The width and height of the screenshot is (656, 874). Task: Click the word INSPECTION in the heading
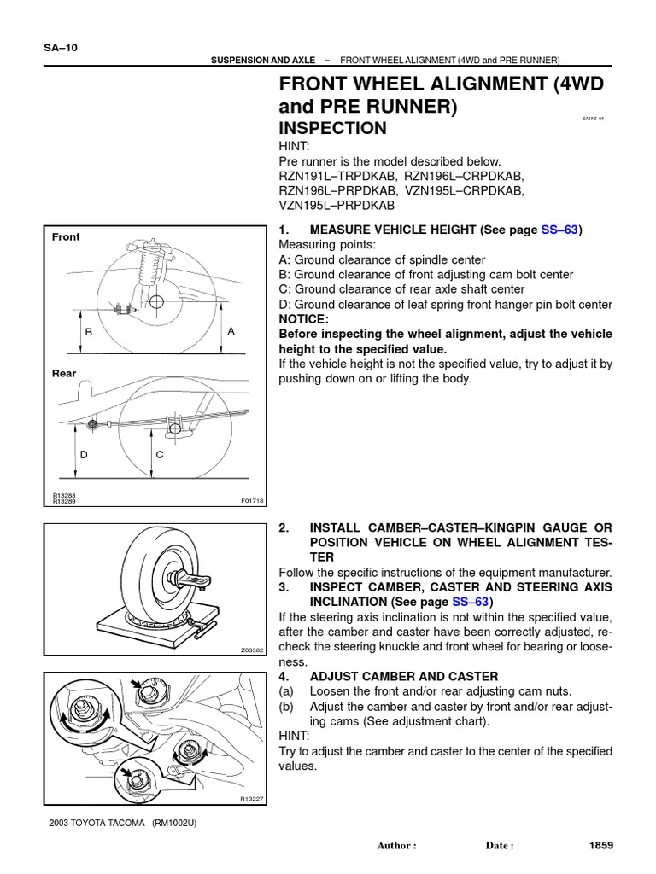333,129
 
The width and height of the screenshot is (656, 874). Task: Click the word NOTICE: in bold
304,319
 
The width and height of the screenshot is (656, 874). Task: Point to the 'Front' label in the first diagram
66,237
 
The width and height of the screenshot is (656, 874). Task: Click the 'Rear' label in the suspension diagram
64,373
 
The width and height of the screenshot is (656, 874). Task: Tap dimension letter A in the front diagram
231,330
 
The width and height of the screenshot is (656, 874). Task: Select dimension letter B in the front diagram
87,331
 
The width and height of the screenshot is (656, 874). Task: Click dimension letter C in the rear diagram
159,455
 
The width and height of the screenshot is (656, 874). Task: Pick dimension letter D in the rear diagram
84,455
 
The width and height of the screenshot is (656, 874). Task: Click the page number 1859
602,845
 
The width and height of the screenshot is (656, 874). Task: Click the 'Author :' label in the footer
396,846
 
